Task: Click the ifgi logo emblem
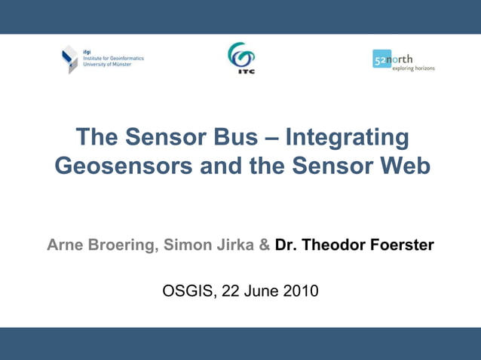pyautogui.click(x=69, y=59)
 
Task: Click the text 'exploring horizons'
pyautogui.click(x=413, y=69)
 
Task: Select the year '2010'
pyautogui.click(x=299, y=291)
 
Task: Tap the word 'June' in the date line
pyautogui.click(x=260, y=291)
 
